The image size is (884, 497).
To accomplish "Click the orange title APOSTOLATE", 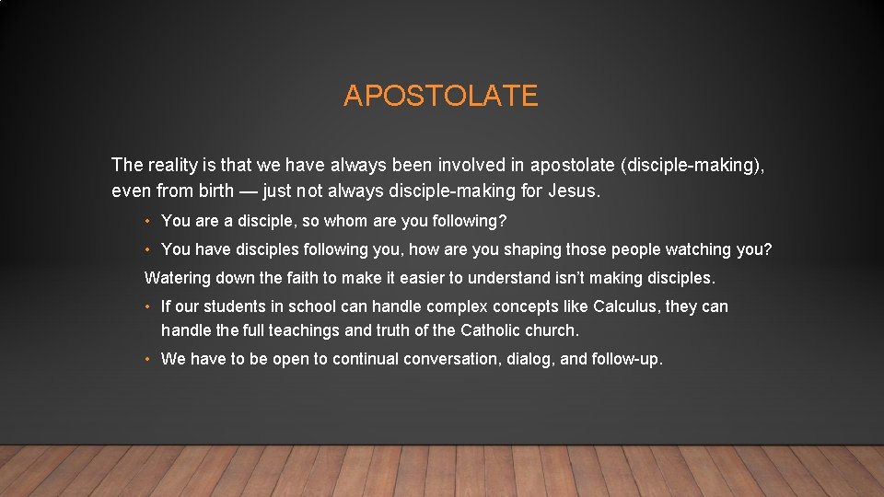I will pyautogui.click(x=440, y=96).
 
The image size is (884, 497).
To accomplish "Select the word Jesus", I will pyautogui.click(x=573, y=192).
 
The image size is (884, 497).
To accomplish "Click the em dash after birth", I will pyautogui.click(x=248, y=192).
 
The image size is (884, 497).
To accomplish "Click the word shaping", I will pyautogui.click(x=530, y=250).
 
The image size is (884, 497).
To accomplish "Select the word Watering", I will pyautogui.click(x=177, y=278).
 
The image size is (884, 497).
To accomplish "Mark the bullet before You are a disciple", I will pyautogui.click(x=148, y=222).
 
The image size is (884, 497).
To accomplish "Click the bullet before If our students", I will pyautogui.click(x=148, y=306).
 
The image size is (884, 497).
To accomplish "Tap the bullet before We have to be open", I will pyautogui.click(x=148, y=360).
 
